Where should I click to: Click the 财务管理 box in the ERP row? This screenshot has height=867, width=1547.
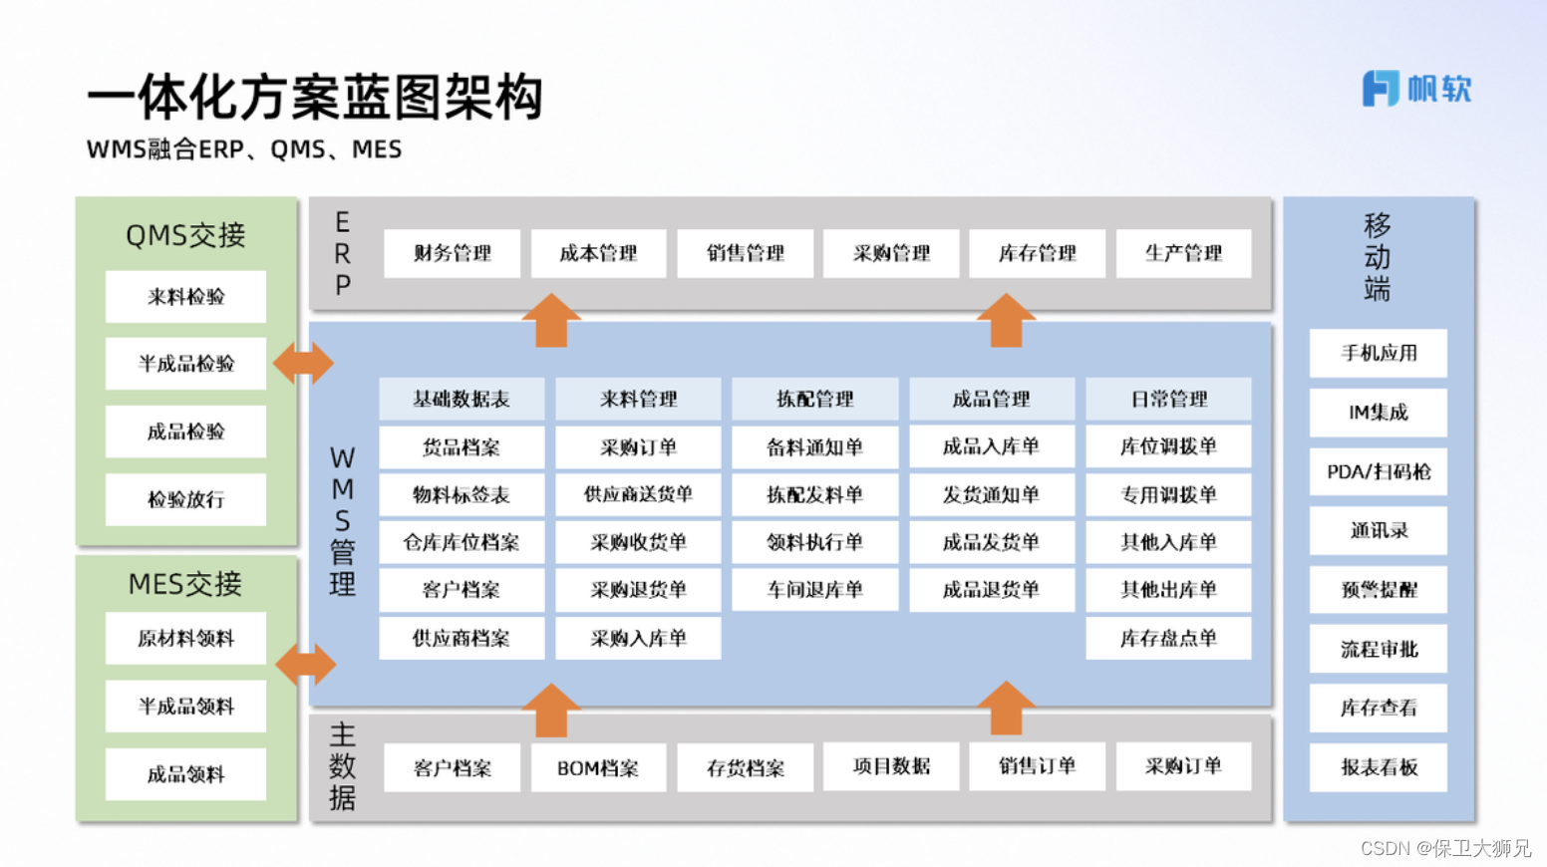(452, 253)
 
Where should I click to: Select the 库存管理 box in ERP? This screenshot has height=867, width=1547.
(1037, 253)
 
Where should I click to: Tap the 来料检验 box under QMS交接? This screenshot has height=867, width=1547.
(185, 297)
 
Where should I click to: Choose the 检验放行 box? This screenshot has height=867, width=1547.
(185, 499)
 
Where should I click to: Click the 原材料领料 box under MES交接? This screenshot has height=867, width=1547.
(185, 639)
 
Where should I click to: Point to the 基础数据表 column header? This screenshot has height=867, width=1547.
(462, 399)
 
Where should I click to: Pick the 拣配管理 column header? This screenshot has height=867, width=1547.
(814, 399)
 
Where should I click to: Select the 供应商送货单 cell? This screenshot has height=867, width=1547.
(638, 494)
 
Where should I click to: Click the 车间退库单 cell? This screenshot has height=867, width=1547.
(814, 590)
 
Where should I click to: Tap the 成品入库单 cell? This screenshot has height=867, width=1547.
(991, 446)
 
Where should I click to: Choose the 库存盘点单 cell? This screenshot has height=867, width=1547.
(1168, 638)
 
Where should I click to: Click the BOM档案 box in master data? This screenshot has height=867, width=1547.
(598, 768)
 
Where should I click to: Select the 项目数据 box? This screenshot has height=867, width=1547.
(891, 766)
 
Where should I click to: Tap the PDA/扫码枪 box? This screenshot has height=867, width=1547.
(1379, 471)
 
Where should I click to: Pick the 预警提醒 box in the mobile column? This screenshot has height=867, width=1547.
(1379, 590)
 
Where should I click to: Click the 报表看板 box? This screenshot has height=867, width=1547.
(1379, 767)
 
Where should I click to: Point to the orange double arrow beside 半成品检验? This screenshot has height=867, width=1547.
(303, 364)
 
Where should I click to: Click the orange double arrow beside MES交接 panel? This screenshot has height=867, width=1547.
(305, 664)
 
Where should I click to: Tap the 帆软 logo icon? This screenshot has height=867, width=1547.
(1381, 89)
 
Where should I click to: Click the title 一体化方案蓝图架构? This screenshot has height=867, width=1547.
(315, 98)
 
